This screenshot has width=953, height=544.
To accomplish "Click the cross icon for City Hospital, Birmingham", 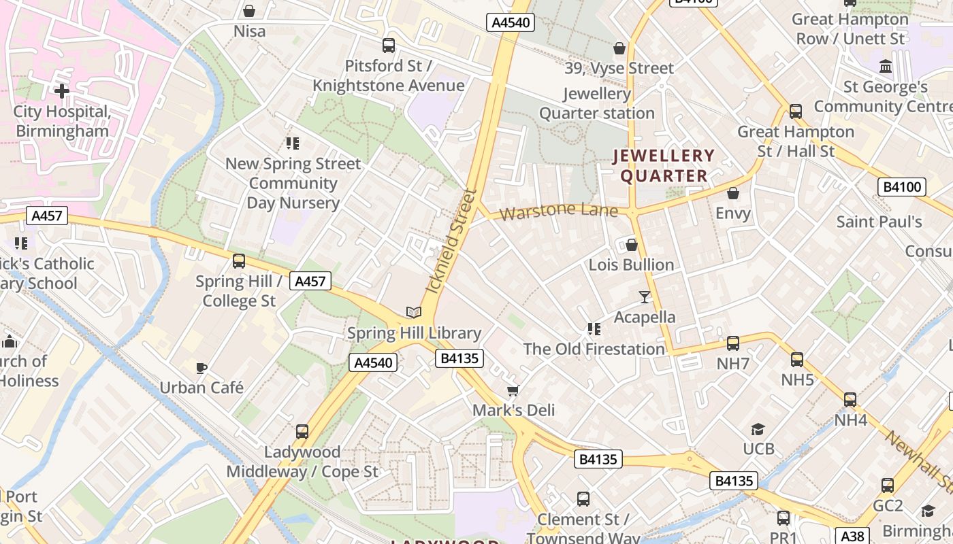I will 62,90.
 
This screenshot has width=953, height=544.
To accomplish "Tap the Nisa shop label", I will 249,31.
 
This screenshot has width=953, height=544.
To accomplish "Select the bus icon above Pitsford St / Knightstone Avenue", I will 389,46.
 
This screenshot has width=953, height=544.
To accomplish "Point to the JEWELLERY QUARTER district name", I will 664,166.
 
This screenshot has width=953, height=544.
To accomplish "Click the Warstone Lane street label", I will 558,211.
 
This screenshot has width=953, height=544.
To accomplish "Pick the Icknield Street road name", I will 450,241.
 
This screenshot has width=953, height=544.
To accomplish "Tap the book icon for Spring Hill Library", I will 414,313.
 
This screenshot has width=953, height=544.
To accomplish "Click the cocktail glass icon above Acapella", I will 645,296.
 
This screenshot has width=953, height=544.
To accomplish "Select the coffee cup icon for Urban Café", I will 201,368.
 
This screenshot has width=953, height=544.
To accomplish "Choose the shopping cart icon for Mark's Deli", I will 513,390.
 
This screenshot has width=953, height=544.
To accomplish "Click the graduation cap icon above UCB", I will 758,429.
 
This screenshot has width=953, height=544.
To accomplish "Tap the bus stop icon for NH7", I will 733,343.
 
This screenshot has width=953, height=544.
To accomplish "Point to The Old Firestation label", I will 594,349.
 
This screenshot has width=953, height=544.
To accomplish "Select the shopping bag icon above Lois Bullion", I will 632,245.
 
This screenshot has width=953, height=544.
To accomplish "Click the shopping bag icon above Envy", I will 733,194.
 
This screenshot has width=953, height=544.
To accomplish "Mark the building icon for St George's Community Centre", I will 886,67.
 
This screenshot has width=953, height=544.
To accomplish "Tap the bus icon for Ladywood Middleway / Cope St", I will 302,432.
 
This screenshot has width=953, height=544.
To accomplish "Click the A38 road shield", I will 851,535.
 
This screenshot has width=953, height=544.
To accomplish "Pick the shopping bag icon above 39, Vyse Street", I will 619,48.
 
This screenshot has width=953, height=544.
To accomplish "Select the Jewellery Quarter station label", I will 597,103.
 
